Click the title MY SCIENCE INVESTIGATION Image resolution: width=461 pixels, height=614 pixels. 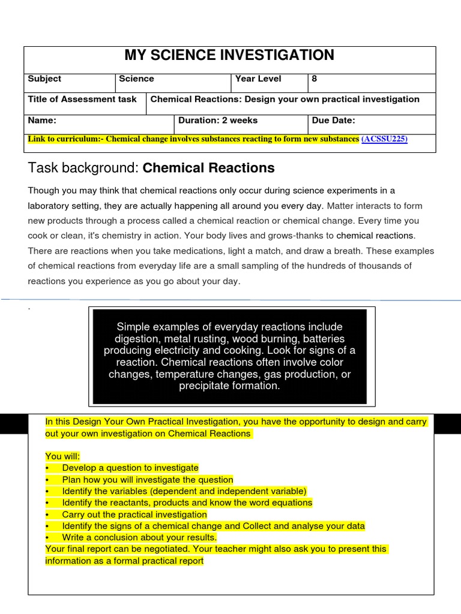point(229,56)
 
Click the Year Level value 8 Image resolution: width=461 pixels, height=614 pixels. point(315,79)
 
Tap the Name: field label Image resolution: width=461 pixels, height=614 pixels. point(42,121)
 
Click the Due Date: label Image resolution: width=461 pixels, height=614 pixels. point(333,121)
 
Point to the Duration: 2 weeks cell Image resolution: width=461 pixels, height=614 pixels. point(218,121)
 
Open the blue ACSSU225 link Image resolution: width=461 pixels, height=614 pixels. point(384,139)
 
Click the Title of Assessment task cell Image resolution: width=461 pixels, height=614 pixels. point(82,100)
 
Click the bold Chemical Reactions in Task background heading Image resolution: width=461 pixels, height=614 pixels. point(208,168)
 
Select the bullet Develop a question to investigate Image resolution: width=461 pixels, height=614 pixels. point(130,468)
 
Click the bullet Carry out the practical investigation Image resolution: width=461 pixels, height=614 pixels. point(134,514)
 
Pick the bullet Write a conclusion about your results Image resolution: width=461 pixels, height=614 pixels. point(139,538)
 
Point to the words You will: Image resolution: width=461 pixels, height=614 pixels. point(62,456)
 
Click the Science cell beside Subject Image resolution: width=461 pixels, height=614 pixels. point(136,79)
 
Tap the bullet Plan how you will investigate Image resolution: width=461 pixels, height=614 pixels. point(147,480)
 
